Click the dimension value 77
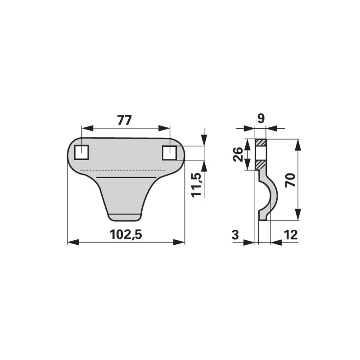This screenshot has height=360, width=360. pos(125,120)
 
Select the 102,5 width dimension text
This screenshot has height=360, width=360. pos(126,234)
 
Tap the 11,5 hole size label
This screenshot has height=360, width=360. pos(197,185)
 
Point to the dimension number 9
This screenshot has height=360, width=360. pos(261,118)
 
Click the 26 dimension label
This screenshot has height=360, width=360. pos(238,154)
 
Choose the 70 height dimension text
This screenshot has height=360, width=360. pos(290,180)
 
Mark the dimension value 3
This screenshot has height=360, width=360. pos(235,235)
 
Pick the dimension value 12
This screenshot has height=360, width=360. pos(291,235)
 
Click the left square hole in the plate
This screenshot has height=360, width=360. pos(81,152)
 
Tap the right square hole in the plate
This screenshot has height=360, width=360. pos(170,153)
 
